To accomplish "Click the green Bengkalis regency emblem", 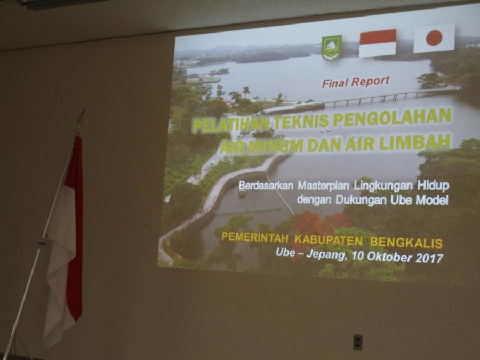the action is pos(331,48).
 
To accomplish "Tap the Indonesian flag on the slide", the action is pos(378,43).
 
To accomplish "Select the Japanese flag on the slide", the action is pos(434,38).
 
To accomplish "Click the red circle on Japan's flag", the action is pos(434,38).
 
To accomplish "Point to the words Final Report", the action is pos(355,82).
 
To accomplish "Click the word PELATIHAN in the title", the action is pos(231,125).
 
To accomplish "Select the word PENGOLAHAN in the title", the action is pos(392,116).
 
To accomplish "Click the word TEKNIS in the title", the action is pos(301,121).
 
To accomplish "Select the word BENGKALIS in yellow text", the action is pos(406,243).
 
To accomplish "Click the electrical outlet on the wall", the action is pos(357,342).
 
